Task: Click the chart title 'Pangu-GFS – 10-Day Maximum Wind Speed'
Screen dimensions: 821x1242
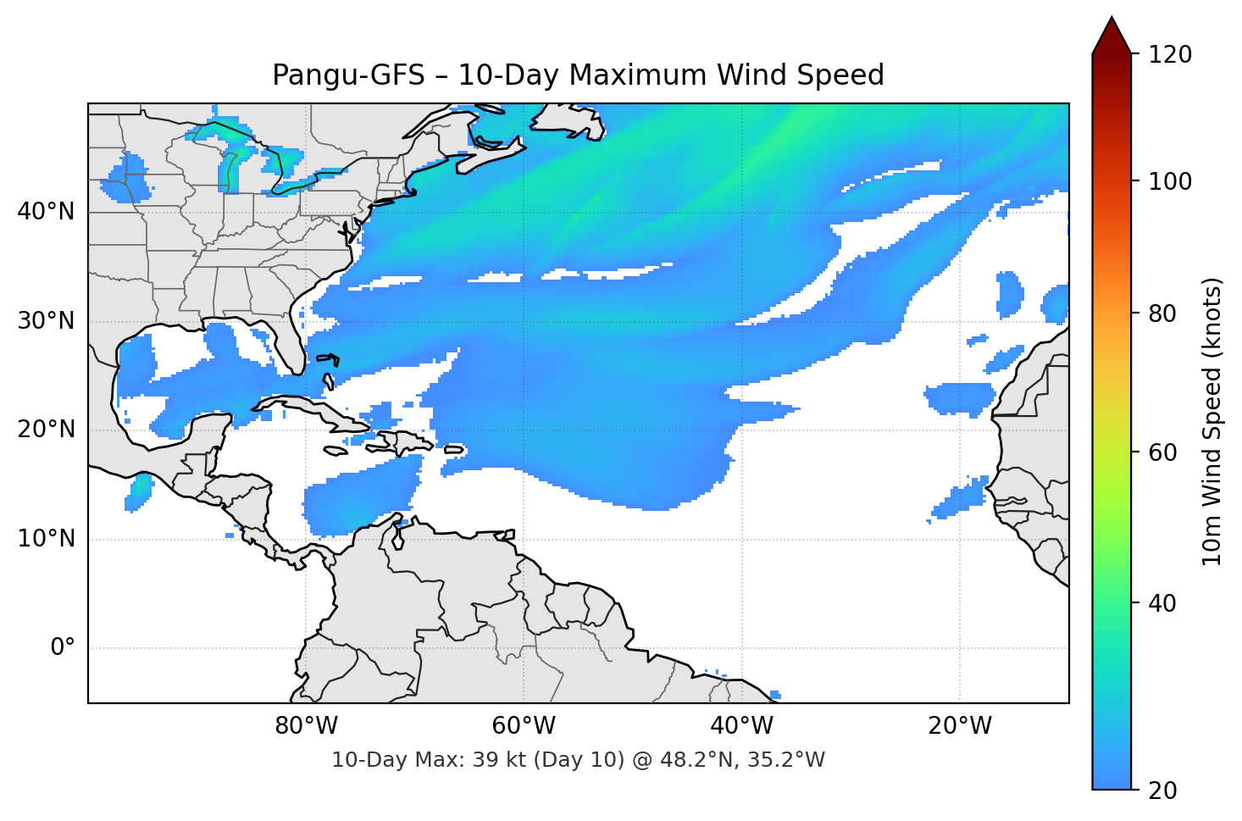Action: click(578, 75)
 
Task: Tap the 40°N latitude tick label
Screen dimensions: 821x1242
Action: click(46, 212)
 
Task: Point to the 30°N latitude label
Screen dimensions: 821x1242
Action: click(46, 321)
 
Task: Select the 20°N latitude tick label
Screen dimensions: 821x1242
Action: click(46, 430)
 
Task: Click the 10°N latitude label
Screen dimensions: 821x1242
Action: click(46, 539)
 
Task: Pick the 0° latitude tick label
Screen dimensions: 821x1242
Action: click(63, 648)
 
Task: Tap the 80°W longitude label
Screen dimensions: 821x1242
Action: click(306, 726)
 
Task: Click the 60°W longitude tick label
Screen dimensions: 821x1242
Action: click(524, 726)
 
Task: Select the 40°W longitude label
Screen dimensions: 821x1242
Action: click(741, 726)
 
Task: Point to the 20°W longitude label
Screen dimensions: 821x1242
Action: click(960, 726)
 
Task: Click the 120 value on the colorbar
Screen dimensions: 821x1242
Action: click(1170, 55)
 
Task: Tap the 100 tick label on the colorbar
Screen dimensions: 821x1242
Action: click(1170, 181)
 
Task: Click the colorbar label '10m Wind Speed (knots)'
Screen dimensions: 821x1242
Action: click(1212, 421)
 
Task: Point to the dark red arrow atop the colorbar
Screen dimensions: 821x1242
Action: click(1112, 36)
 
